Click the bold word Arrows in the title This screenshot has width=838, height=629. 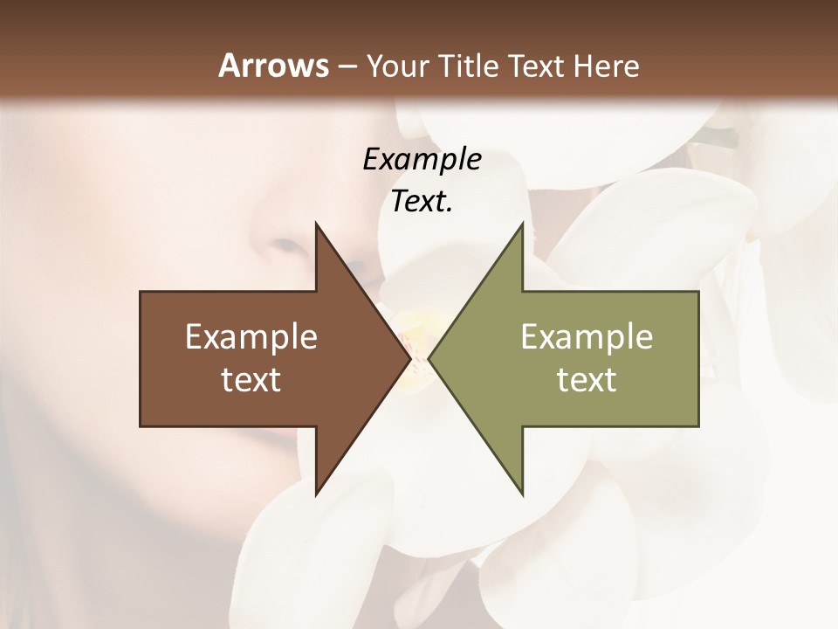[274, 66]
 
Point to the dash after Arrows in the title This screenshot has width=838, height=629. [347, 66]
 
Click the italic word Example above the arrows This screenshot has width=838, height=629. [422, 159]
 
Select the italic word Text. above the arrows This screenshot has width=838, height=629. [422, 201]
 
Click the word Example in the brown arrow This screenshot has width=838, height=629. [251, 336]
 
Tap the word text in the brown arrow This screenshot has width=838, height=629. [251, 379]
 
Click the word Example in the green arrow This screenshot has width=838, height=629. [587, 336]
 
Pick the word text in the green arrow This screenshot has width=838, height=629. [587, 379]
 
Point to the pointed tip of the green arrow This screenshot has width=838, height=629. [430, 358]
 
